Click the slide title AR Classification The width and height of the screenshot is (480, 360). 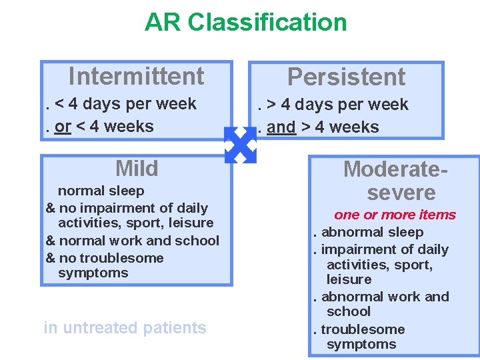click(245, 22)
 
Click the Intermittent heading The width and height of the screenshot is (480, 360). click(136, 76)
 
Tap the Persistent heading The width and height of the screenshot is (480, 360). click(346, 77)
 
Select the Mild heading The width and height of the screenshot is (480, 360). click(137, 168)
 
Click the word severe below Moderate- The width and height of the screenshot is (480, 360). click(401, 193)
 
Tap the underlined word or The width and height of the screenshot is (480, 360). click(63, 126)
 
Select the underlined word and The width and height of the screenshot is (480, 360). click(281, 127)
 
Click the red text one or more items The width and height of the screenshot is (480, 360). click(395, 215)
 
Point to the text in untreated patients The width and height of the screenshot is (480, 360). click(125, 327)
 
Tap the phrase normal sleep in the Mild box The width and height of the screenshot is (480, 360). click(101, 191)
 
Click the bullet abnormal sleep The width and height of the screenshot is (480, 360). click(372, 232)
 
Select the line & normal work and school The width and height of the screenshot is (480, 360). click(132, 241)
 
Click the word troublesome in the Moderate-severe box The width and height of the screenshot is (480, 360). click(363, 329)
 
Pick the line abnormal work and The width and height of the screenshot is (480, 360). click(385, 297)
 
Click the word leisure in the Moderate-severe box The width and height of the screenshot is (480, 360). click(349, 279)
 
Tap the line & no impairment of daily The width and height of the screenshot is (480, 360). click(127, 208)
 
